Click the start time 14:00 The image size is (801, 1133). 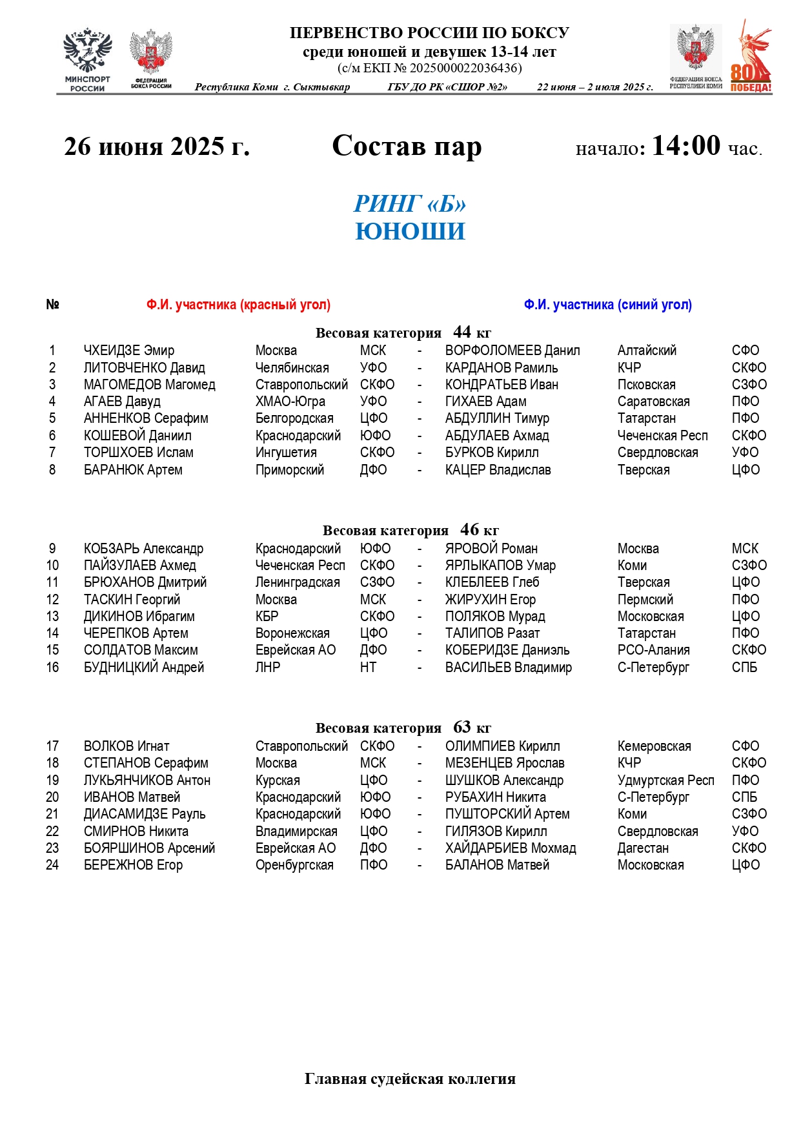(x=685, y=146)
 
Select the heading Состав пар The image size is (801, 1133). (x=407, y=146)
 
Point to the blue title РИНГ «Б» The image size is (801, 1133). (x=410, y=204)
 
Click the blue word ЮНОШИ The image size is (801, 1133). (x=410, y=232)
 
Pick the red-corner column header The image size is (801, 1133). (x=238, y=305)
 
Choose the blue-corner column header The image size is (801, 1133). (x=607, y=305)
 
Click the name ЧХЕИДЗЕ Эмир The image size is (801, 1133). (x=129, y=351)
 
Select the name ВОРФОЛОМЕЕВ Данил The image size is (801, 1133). (x=512, y=351)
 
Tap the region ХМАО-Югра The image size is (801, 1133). (x=290, y=402)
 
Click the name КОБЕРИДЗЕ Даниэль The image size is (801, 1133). (x=507, y=650)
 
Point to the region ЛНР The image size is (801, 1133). (x=268, y=668)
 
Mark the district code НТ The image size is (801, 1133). (x=368, y=668)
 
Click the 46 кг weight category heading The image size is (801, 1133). (x=411, y=531)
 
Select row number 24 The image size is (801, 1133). (x=52, y=865)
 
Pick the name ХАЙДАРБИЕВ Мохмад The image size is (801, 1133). (x=511, y=848)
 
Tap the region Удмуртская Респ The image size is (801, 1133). (x=665, y=781)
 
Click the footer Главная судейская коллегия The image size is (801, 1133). (x=410, y=1079)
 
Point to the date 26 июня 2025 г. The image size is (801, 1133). (x=157, y=147)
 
